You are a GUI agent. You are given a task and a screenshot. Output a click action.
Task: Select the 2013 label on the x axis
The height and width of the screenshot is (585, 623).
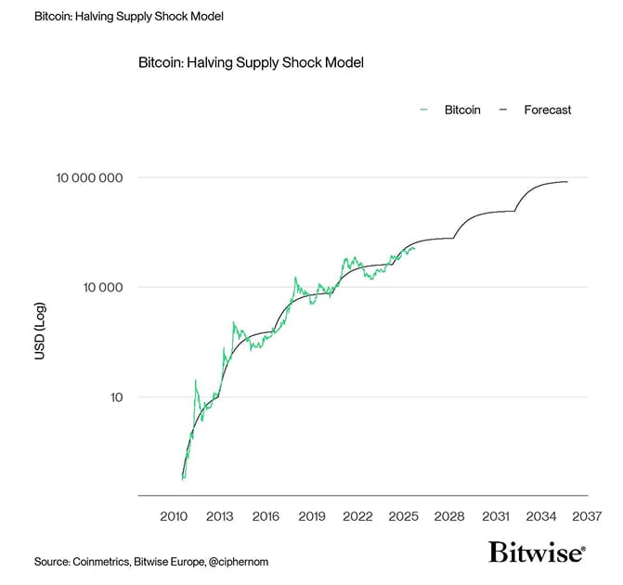point(220,516)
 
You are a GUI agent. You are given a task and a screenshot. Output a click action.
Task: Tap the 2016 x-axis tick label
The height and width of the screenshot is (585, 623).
point(266,516)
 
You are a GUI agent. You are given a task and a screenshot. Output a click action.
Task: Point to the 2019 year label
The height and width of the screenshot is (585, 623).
point(312,516)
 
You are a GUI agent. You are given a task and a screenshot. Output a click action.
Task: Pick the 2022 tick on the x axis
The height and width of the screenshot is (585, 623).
point(357,516)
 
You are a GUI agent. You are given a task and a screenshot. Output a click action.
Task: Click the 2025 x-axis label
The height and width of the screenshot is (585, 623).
point(404,516)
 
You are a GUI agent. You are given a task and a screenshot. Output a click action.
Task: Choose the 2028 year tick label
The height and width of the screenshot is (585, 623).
point(449,516)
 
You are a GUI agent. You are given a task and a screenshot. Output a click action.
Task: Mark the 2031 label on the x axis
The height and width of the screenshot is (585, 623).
point(496,516)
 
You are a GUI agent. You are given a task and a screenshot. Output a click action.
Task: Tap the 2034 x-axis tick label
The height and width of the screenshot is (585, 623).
point(541,516)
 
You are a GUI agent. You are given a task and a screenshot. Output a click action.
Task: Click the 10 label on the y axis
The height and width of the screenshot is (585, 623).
point(115,397)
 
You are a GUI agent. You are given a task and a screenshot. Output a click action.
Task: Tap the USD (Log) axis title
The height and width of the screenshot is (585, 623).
point(40,331)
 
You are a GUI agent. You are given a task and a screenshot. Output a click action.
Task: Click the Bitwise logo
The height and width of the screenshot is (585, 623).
point(537,553)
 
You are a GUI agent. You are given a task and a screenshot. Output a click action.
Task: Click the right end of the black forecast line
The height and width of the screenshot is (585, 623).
point(567,182)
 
